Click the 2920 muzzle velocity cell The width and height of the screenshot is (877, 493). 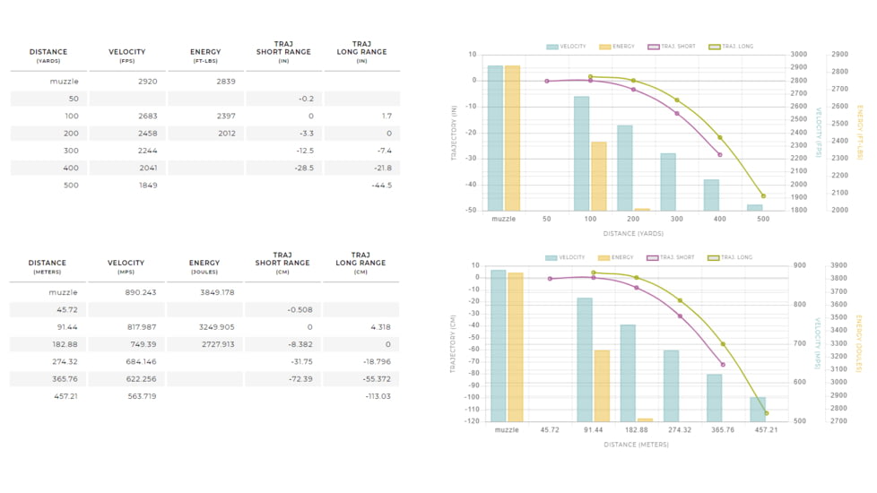pos(148,82)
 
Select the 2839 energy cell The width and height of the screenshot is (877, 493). pos(226,82)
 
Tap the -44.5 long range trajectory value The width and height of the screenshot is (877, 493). pos(381,186)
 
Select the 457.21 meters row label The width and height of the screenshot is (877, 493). pos(65,396)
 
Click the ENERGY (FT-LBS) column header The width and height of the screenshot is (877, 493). pos(205,56)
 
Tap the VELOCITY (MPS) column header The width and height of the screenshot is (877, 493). pos(126,266)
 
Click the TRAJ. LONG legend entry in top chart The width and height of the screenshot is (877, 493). pos(731,47)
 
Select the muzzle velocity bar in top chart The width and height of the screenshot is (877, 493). pos(495,138)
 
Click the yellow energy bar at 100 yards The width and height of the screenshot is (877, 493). pos(598,176)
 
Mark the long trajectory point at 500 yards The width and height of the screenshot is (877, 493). pos(763,195)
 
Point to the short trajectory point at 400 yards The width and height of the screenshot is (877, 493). pos(720,155)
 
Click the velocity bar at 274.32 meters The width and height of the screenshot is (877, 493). pos(672,385)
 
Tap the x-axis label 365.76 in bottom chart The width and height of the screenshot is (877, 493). pos(722,430)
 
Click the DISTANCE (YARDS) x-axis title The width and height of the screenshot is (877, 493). pos(634,234)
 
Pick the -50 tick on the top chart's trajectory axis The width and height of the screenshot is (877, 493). pos(472,211)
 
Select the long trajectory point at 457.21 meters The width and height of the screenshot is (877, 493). pos(766,413)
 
